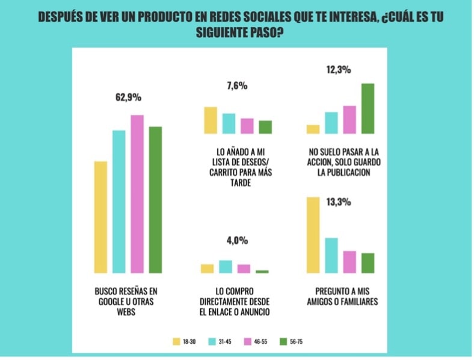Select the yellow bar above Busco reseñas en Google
(100, 217)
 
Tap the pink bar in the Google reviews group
(137, 194)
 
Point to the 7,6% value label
(237, 86)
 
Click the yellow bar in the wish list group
(211, 120)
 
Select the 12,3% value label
(338, 70)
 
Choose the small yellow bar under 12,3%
(313, 129)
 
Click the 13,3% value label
(339, 202)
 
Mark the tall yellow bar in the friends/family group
(313, 235)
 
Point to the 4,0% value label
(237, 241)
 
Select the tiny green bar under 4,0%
(262, 272)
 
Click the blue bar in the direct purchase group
(226, 267)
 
